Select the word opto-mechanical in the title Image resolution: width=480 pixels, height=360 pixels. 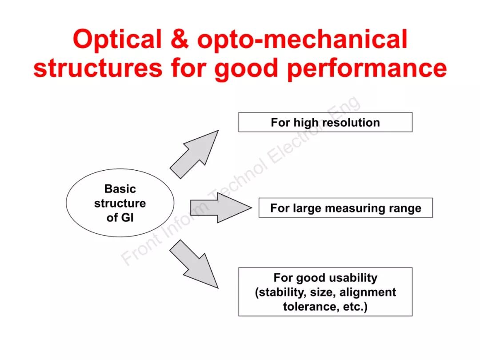[x=302, y=40]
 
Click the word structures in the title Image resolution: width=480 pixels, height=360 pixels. [x=98, y=68]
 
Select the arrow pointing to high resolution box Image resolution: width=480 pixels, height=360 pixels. [x=196, y=153]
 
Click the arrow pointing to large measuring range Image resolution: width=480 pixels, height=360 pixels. [x=220, y=208]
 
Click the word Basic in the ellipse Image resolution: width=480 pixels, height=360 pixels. [x=120, y=189]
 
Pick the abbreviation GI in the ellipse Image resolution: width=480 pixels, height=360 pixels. [x=126, y=218]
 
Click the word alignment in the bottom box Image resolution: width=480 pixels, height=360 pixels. [x=367, y=292]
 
